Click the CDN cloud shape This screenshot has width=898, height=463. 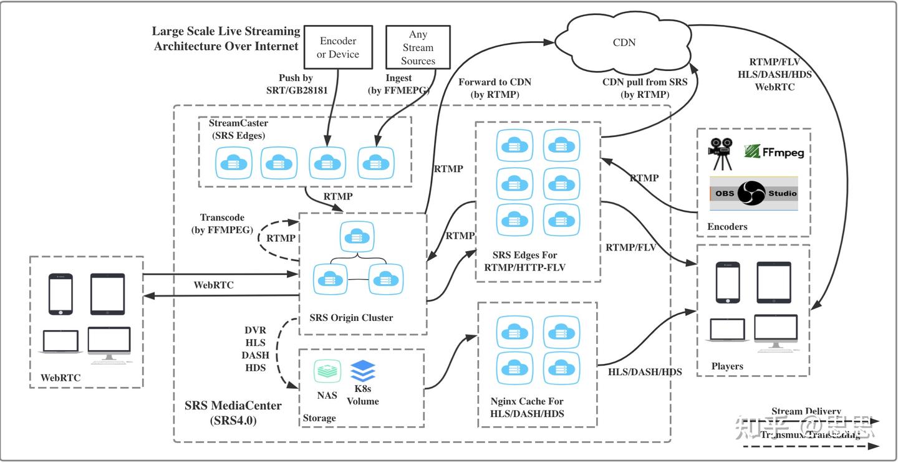click(624, 42)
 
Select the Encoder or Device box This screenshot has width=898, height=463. click(338, 47)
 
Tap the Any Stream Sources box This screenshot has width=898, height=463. click(418, 47)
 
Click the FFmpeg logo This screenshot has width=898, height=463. click(774, 151)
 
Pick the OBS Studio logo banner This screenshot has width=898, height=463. click(753, 193)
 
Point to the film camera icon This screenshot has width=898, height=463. click(720, 153)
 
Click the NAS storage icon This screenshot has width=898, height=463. click(327, 372)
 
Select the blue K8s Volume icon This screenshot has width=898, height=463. click(363, 372)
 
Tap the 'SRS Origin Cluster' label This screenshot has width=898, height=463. click(351, 318)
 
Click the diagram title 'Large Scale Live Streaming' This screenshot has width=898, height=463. click(226, 32)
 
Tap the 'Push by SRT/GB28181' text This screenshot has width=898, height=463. click(296, 84)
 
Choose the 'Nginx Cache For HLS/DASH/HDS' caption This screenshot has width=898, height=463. click(527, 407)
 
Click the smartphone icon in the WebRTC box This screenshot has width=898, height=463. click(60, 294)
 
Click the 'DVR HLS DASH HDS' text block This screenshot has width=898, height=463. click(256, 349)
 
